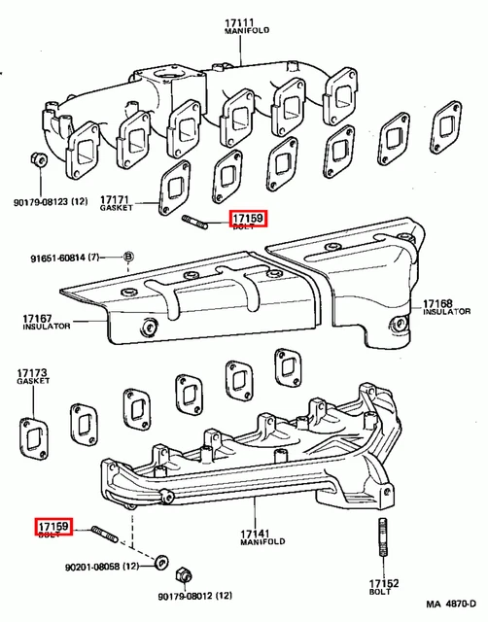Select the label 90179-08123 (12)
click(x=51, y=201)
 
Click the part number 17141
click(x=254, y=534)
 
